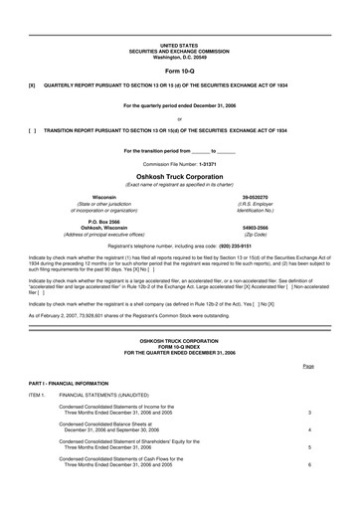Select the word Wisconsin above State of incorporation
pos(103,197)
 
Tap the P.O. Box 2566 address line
pos(103,219)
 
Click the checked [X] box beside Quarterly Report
pos(33,86)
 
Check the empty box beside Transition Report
pos(33,129)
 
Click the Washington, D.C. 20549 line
pos(179,58)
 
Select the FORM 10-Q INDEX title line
pos(179,346)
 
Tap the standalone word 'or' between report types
pos(179,117)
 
